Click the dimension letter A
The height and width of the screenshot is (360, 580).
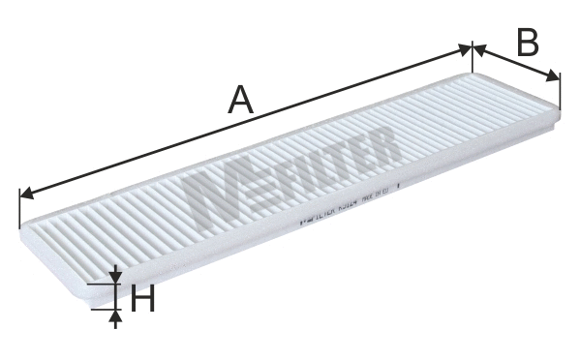coord(240,100)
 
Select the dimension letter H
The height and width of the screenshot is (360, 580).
coord(142,301)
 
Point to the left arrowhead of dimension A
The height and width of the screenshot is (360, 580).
coord(26,194)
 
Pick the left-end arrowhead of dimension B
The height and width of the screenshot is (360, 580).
coord(477,48)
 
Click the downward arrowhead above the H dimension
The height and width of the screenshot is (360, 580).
coord(115,278)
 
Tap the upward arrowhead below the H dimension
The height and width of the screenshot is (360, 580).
coord(115,316)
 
